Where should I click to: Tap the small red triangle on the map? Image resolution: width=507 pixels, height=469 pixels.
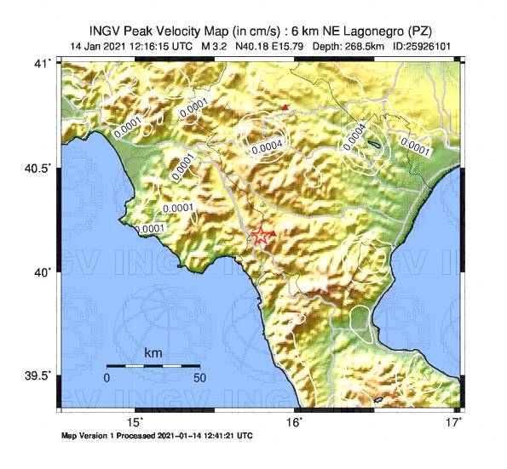click(x=285, y=107)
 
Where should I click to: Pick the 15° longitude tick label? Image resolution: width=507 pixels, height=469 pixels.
click(x=135, y=422)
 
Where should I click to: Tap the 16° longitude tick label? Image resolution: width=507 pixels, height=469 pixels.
click(x=294, y=422)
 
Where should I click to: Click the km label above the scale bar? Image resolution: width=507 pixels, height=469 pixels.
click(x=153, y=352)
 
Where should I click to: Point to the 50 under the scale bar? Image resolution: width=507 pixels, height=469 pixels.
click(x=199, y=377)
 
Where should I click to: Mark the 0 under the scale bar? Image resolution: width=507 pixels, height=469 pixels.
click(x=107, y=377)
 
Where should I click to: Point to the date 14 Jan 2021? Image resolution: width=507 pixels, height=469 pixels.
click(x=96, y=45)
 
